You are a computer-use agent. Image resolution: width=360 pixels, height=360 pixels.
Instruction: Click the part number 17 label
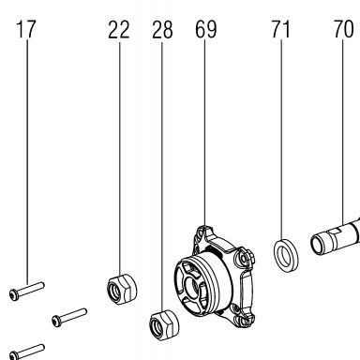click(25, 29)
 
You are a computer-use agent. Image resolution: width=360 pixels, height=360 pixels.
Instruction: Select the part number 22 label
click(119, 30)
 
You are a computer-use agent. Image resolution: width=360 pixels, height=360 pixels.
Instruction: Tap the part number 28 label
click(162, 30)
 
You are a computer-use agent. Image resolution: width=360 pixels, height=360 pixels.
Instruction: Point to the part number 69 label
click(205, 29)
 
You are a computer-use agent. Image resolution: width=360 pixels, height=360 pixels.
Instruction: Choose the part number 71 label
click(280, 29)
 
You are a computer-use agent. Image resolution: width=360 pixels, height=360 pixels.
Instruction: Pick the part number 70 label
click(343, 29)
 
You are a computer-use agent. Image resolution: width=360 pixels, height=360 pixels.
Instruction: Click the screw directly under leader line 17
click(26, 291)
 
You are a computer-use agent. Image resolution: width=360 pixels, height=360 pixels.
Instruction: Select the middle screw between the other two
click(69, 318)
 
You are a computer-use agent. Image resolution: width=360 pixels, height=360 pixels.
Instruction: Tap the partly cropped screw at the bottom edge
click(26, 352)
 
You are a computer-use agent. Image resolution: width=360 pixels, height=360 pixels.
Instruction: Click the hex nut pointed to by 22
click(122, 289)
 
